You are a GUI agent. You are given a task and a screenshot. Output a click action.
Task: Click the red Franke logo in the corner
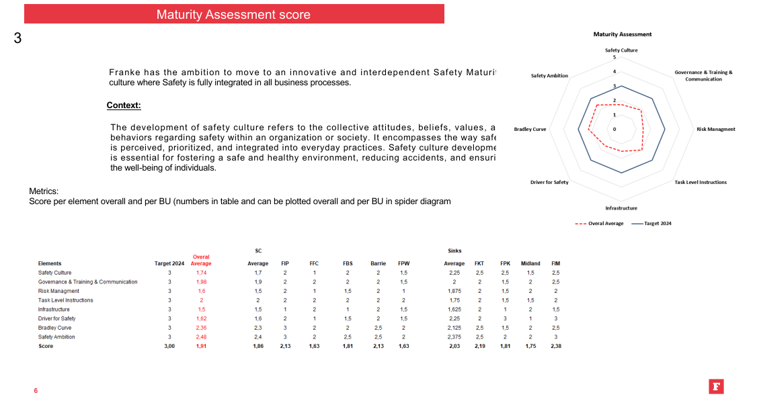point(716,386)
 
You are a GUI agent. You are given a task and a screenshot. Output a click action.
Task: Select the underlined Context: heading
point(124,105)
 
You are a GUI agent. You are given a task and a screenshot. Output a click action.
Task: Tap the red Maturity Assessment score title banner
point(233,14)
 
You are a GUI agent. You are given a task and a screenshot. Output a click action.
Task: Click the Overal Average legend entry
point(600,224)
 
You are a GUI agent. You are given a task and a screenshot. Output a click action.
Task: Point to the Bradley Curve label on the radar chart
point(530,129)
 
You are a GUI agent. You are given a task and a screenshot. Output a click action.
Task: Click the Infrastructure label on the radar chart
point(621,208)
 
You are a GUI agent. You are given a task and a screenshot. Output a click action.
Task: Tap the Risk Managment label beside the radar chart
point(715,129)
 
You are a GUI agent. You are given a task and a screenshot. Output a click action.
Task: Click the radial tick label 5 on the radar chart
point(614,57)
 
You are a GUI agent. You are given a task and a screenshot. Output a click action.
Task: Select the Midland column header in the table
point(530,264)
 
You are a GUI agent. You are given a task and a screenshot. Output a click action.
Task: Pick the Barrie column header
point(378,264)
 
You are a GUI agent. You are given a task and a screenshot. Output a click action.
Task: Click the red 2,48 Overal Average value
point(201,337)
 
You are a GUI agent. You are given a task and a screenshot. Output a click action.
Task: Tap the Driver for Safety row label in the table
point(57,318)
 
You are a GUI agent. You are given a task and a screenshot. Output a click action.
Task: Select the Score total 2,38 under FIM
point(556,347)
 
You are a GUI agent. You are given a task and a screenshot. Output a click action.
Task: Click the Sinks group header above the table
point(454,251)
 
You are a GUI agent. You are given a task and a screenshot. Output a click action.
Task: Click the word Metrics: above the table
point(44,191)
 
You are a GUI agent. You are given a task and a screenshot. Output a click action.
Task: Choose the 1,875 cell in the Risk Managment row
point(454,291)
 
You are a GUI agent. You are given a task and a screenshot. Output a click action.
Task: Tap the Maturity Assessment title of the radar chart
point(622,34)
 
